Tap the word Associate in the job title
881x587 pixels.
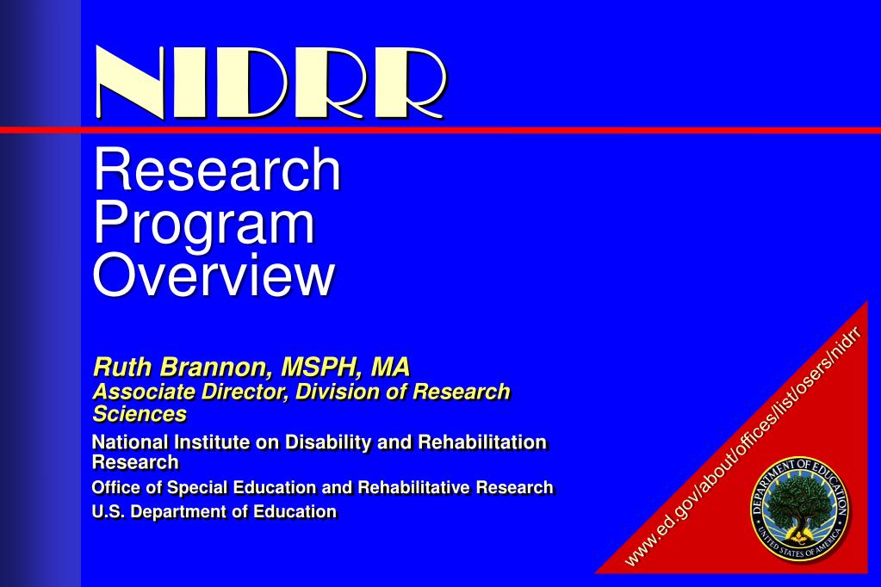144,392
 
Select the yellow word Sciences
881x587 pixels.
140,414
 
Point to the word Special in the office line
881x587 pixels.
197,487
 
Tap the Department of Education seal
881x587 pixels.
800,509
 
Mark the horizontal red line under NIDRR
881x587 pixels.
441,130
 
